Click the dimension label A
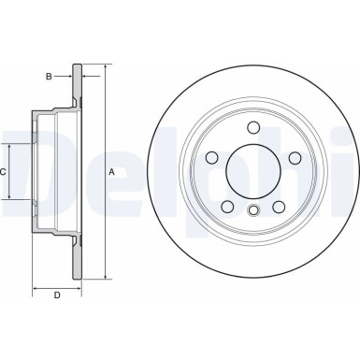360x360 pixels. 112,171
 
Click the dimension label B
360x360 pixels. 50,76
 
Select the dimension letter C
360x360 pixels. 4,172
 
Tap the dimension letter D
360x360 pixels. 56,295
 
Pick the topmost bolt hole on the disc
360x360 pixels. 253,128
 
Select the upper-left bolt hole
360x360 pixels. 212,157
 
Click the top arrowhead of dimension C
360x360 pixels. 10,146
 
